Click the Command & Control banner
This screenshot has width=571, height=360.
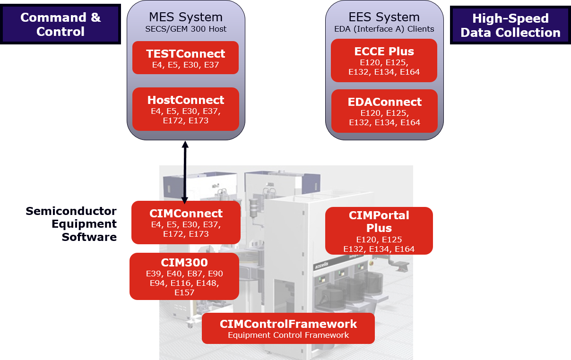click(x=61, y=25)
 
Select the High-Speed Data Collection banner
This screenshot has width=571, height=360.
click(x=510, y=26)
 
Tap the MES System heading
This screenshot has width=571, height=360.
click(x=186, y=17)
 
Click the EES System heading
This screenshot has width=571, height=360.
click(x=384, y=17)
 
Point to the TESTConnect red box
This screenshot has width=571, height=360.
click(x=186, y=58)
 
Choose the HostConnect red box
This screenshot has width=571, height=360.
click(x=186, y=109)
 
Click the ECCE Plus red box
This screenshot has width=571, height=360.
click(x=384, y=60)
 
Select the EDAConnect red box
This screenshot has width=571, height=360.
click(x=384, y=111)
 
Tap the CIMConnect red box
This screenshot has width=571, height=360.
click(x=186, y=223)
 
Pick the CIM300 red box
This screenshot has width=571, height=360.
click(x=184, y=276)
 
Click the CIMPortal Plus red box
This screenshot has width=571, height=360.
click(x=379, y=231)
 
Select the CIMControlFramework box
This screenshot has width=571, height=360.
click(x=288, y=328)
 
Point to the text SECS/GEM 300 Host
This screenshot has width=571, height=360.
click(x=186, y=29)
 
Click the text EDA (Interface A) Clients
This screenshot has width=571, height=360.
click(x=384, y=29)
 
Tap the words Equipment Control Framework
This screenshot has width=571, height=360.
click(x=288, y=335)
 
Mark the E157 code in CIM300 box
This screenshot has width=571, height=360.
click(x=184, y=293)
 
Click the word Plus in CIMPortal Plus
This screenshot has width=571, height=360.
click(x=379, y=228)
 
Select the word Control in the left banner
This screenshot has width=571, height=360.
click(x=61, y=32)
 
